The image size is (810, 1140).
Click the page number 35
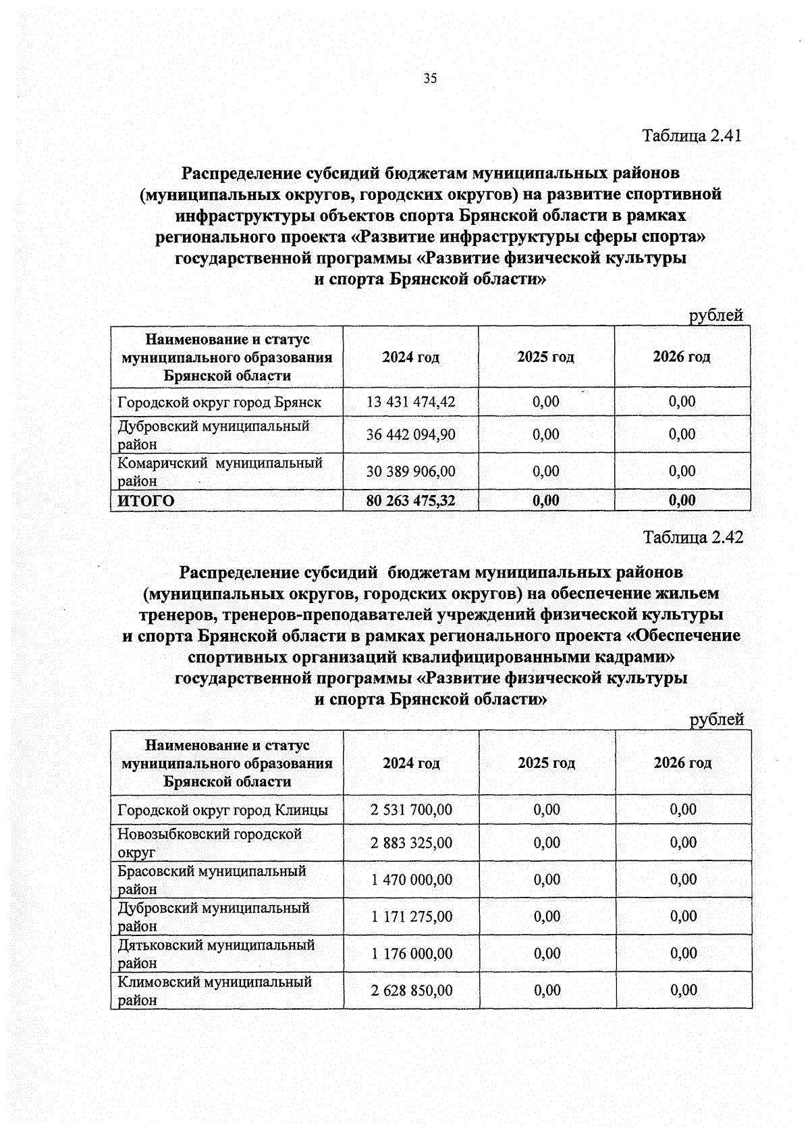(x=430, y=78)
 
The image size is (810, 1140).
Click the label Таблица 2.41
(x=692, y=135)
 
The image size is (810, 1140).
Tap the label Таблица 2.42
(x=693, y=538)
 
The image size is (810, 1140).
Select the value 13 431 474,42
(x=410, y=402)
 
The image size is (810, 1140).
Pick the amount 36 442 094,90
(x=410, y=434)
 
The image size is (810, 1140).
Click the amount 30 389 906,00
(x=410, y=471)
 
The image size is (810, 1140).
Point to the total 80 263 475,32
(x=410, y=500)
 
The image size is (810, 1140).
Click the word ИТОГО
(x=146, y=500)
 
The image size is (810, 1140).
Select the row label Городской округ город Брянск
(x=219, y=403)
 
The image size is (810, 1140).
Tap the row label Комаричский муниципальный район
(x=219, y=471)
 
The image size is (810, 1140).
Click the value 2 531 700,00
(x=411, y=809)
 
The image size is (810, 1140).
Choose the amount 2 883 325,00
(x=411, y=843)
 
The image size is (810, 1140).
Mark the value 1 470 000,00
(x=411, y=880)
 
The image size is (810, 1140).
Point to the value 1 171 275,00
(x=411, y=916)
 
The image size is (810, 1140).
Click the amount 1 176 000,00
(x=411, y=954)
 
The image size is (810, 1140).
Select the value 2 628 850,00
(x=411, y=991)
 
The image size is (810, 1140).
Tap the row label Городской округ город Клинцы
(x=223, y=810)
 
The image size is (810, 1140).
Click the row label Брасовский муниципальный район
(x=211, y=880)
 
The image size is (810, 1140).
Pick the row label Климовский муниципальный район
(x=214, y=991)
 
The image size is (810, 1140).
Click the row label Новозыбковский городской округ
(x=209, y=843)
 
